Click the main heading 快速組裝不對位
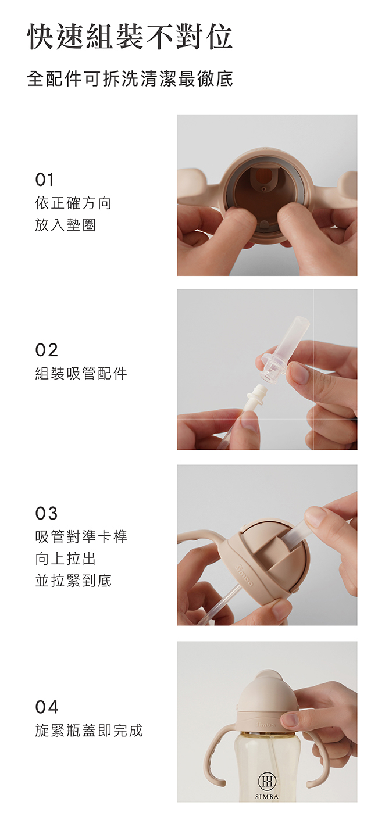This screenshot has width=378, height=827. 130,37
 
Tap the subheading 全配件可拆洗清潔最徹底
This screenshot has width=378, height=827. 130,79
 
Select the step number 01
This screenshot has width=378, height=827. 45,180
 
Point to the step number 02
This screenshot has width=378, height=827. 47,350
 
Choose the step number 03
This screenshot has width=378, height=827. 47,513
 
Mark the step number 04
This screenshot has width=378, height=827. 47,707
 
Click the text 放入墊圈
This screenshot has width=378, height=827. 65,225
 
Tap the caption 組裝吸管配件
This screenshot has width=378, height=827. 81,373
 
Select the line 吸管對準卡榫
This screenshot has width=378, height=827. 81,536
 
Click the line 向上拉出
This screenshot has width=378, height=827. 65,559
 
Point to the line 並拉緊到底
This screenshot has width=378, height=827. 73,581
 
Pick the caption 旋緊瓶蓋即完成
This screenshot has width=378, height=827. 88,730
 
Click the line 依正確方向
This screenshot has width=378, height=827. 73,203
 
